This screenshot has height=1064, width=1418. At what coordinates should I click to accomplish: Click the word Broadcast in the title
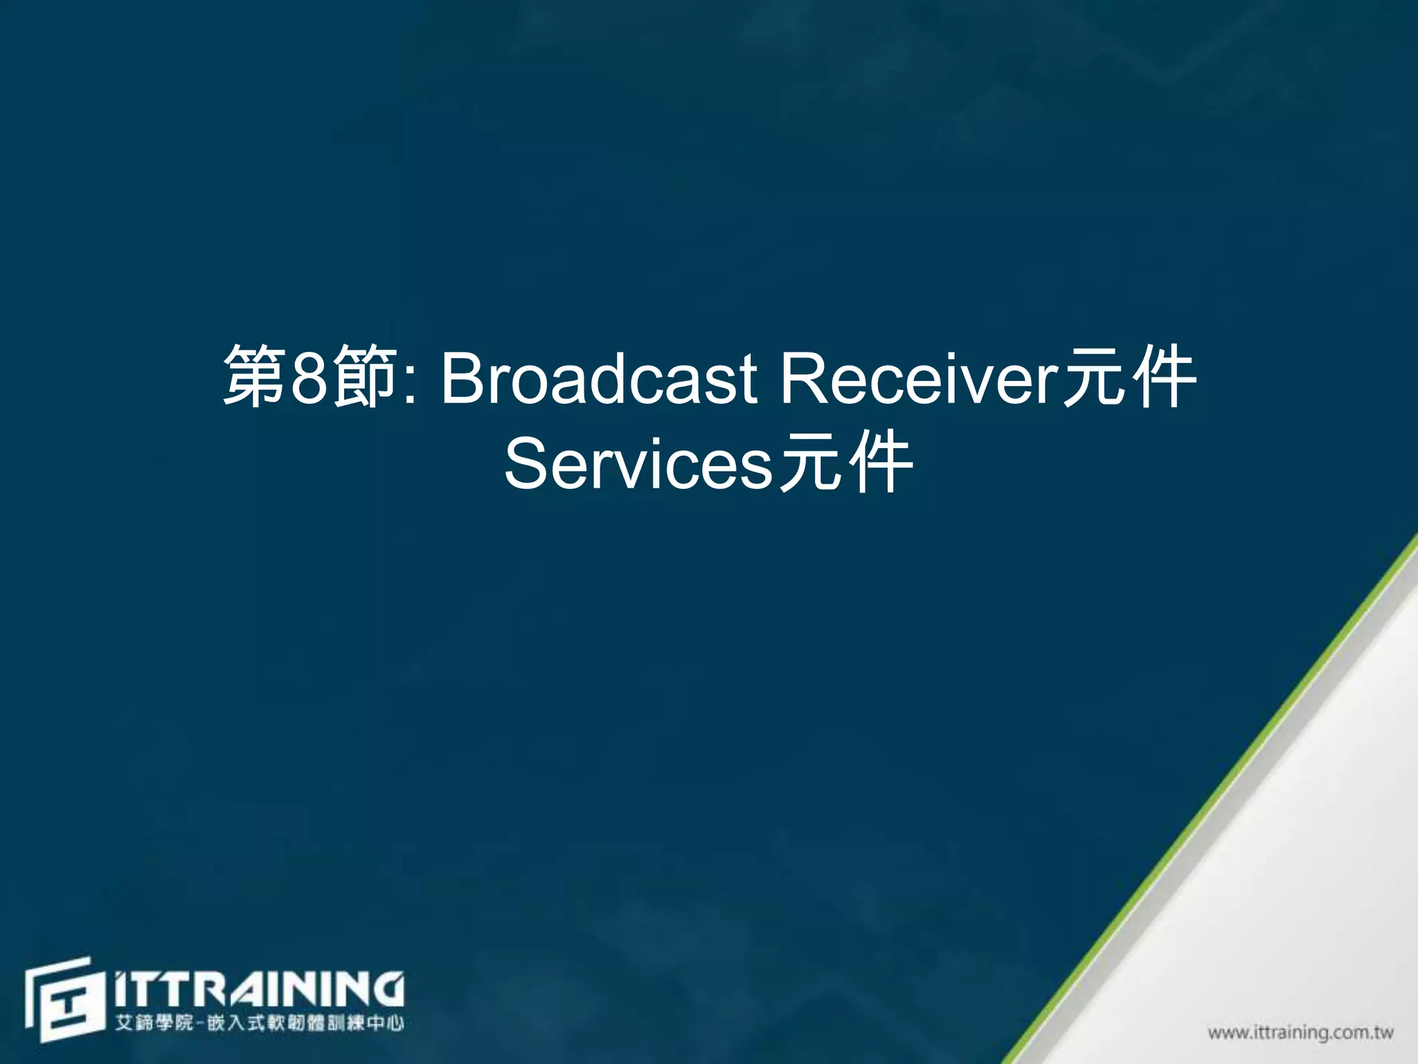[x=599, y=378]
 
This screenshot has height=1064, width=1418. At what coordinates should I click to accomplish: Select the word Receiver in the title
[x=919, y=378]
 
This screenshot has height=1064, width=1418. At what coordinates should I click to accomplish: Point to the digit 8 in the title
[x=309, y=378]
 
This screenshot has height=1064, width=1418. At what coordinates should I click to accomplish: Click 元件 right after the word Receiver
[x=1129, y=378]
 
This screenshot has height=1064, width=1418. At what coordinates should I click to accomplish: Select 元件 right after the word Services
[x=845, y=463]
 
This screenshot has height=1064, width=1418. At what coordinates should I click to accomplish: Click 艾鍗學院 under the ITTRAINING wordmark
[x=154, y=1023]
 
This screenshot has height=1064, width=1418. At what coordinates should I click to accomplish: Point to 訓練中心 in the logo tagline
[x=366, y=1023]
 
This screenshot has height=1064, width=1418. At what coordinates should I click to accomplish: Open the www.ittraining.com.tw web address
[x=1300, y=1033]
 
